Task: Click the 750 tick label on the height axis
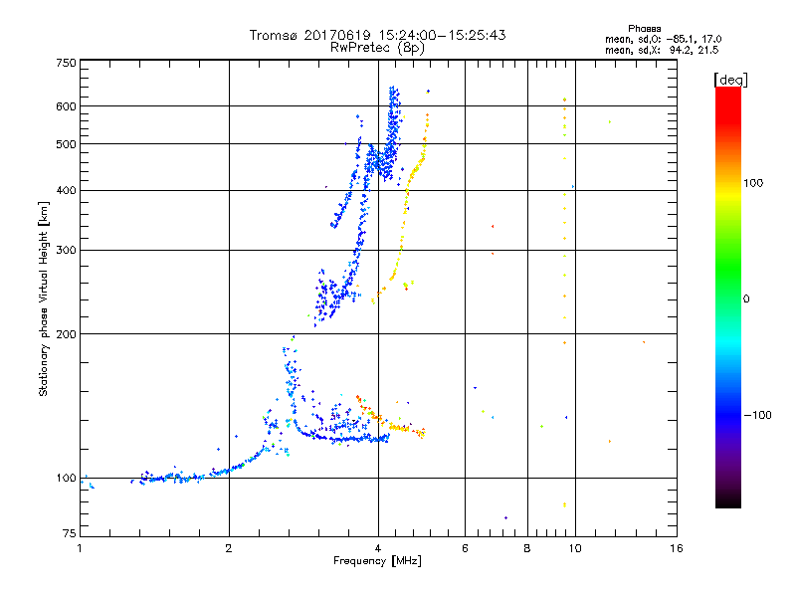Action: click(67, 63)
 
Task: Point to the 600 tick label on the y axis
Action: click(67, 106)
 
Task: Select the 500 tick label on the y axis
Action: click(67, 144)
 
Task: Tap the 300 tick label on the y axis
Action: click(67, 250)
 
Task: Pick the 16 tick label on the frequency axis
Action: click(676, 548)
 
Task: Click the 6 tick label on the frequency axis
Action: click(465, 548)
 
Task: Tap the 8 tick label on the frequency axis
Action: click(527, 548)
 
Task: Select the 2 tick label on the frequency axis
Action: click(229, 548)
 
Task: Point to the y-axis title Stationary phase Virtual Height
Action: click(44, 298)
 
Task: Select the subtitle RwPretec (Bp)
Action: click(377, 47)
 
